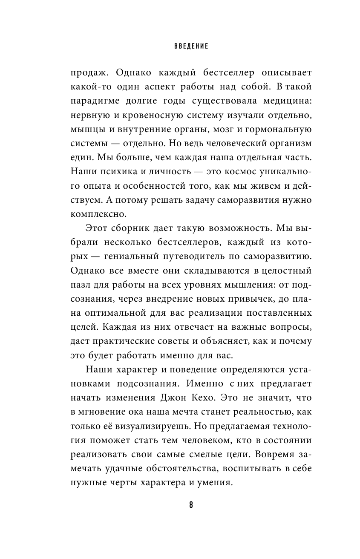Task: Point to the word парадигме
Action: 90,101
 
